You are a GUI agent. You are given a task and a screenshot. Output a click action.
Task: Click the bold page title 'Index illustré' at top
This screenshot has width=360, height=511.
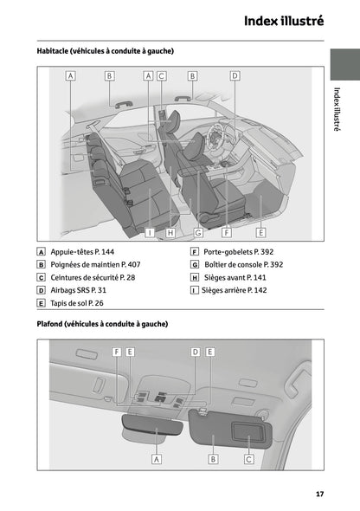pyautogui.click(x=283, y=21)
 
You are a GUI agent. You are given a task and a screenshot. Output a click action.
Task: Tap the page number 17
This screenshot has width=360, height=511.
pyautogui.click(x=319, y=494)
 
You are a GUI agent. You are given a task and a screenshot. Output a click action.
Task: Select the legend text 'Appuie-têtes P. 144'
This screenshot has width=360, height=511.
pyautogui.click(x=82, y=250)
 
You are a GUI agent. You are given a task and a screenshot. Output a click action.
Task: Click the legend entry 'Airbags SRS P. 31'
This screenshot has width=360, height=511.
pyautogui.click(x=79, y=290)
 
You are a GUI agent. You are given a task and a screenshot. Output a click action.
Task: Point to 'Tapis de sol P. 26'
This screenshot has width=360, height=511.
pyautogui.click(x=77, y=304)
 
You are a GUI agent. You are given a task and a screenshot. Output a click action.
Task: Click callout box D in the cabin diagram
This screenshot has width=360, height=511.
pyautogui.click(x=234, y=75)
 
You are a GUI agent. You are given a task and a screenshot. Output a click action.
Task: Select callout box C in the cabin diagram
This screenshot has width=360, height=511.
pyautogui.click(x=162, y=75)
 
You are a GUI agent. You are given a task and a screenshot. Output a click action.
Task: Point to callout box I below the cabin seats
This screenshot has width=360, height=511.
pyautogui.click(x=150, y=232)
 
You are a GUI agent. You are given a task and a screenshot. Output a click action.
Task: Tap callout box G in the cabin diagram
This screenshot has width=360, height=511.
pyautogui.click(x=198, y=232)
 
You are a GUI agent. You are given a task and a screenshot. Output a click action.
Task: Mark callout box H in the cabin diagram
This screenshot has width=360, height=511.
pyautogui.click(x=170, y=232)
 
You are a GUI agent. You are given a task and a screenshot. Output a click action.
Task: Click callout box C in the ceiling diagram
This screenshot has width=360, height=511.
pyautogui.click(x=248, y=459)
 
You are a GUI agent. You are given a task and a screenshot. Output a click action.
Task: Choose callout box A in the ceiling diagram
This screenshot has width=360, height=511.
pyautogui.click(x=157, y=459)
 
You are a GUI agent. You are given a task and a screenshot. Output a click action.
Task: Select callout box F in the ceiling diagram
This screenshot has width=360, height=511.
pyautogui.click(x=116, y=352)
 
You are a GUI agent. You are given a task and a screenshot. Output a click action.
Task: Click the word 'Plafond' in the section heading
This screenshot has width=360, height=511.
pyautogui.click(x=55, y=323)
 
